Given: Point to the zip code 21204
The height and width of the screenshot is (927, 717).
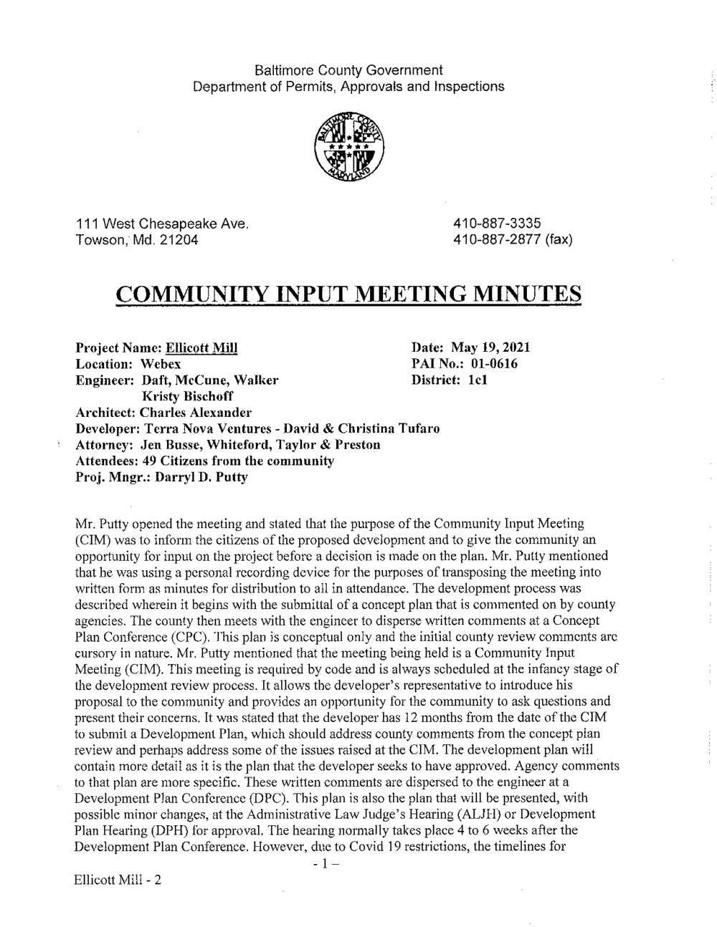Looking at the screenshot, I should (179, 239).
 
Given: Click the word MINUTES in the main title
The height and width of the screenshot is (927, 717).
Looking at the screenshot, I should (516, 294).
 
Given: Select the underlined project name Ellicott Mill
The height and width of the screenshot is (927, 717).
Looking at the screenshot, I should (201, 348).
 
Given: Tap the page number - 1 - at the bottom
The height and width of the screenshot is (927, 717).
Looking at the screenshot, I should (325, 863).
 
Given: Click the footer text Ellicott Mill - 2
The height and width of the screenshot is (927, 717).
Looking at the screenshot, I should (118, 880).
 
